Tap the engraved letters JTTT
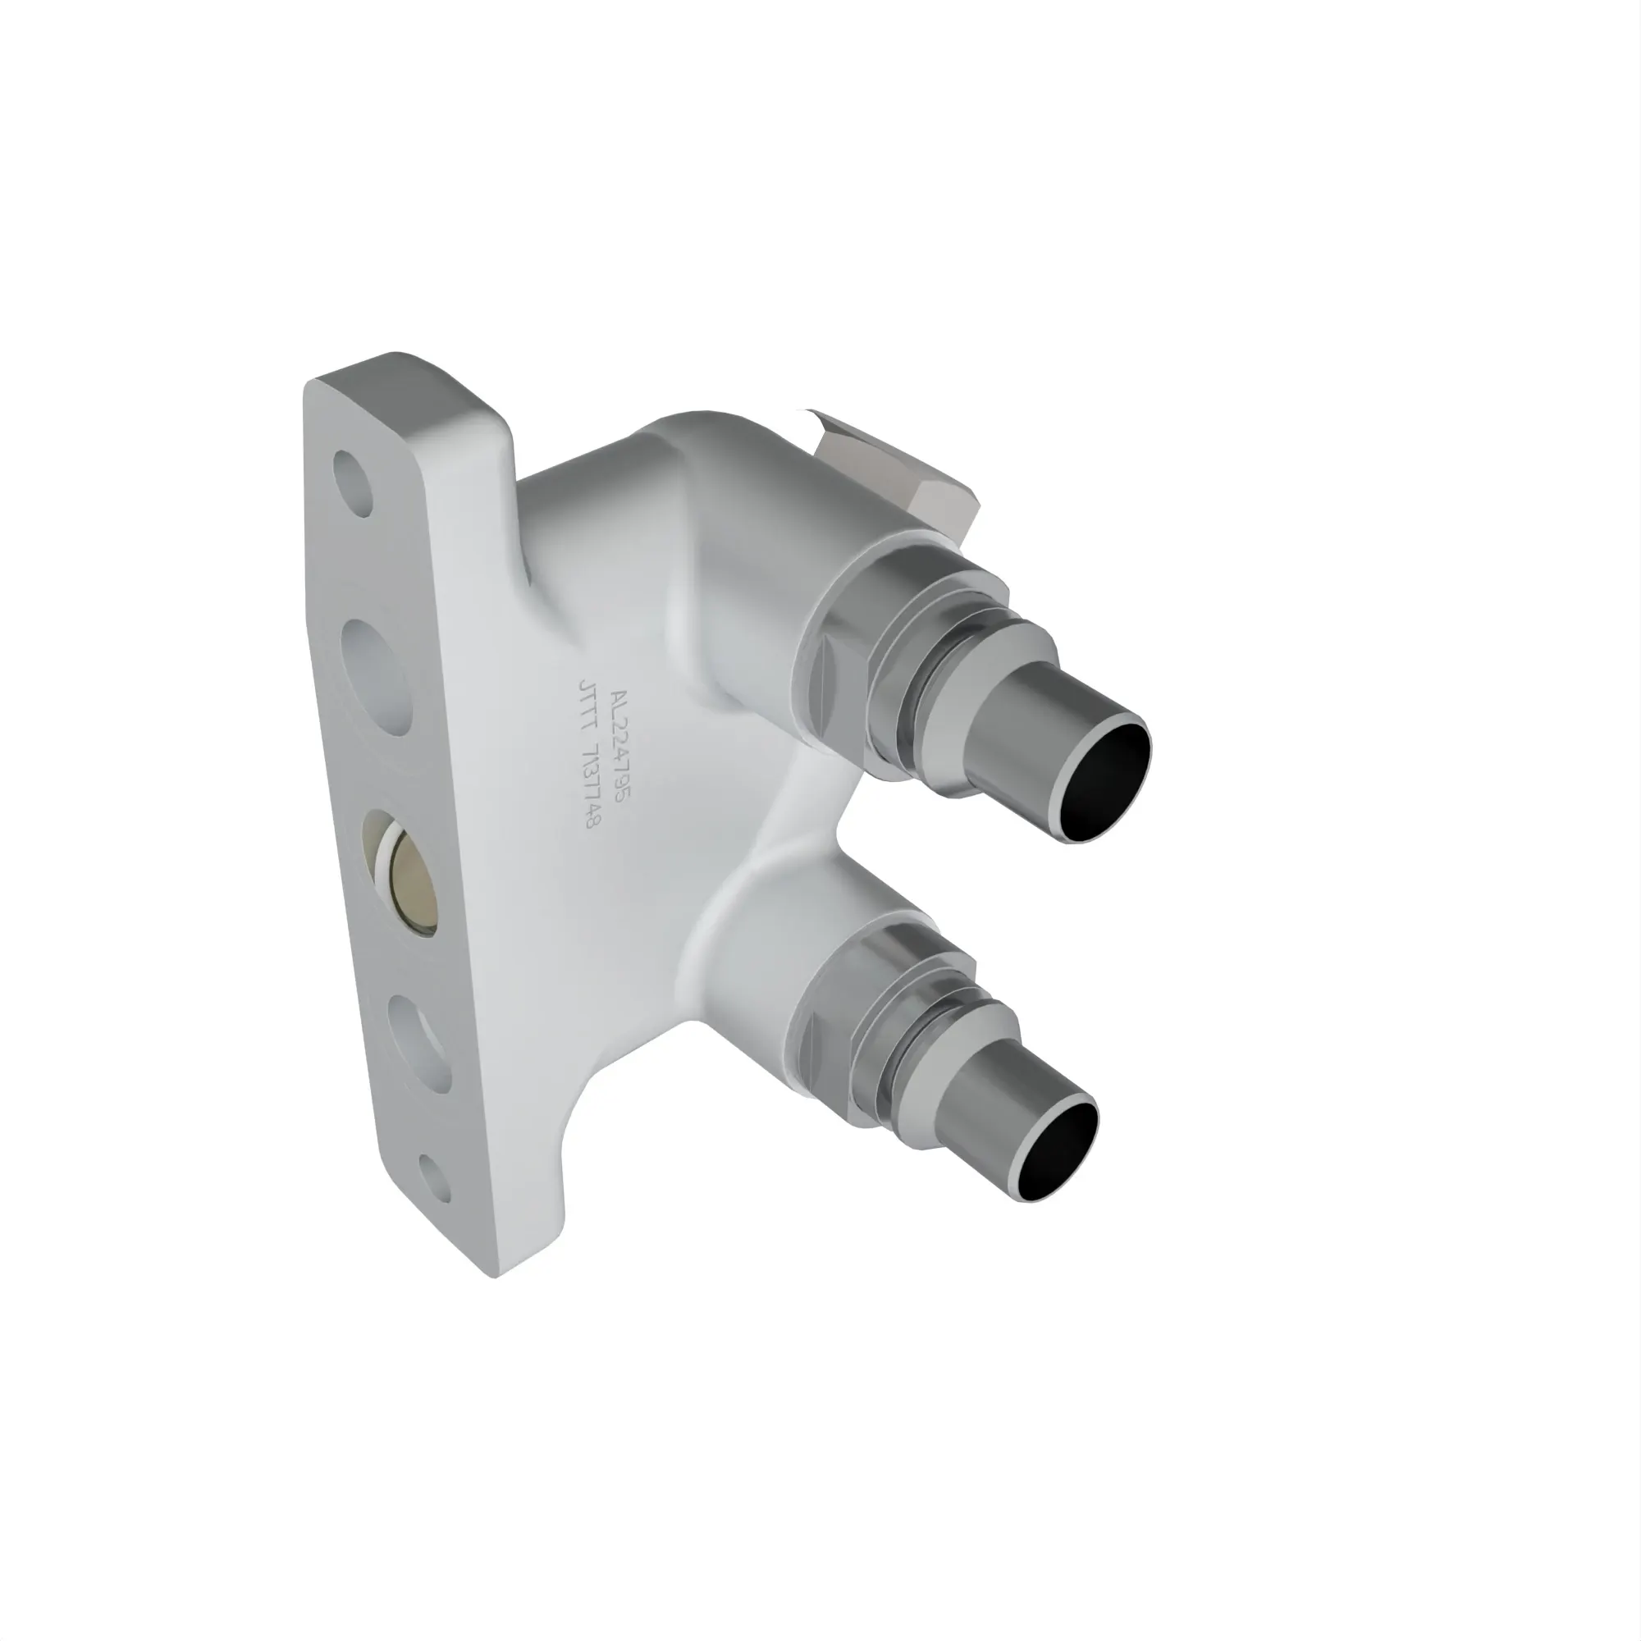click(586, 708)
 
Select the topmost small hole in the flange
click(352, 483)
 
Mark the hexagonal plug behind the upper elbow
click(900, 476)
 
